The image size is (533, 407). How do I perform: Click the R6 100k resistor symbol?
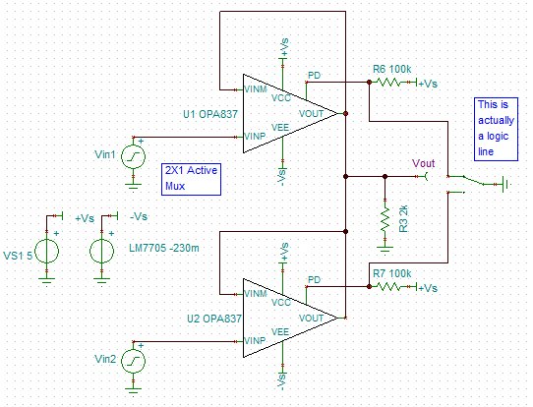(387, 82)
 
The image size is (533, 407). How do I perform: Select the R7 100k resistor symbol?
(387, 286)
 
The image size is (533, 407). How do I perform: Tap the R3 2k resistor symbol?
(385, 219)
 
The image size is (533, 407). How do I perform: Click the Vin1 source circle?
(134, 156)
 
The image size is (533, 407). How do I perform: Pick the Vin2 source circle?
(134, 361)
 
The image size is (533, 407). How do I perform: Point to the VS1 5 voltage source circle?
(47, 252)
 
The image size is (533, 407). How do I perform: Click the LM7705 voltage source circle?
(101, 252)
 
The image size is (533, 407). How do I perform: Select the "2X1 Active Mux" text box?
(191, 179)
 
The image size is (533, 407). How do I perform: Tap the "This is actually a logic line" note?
(496, 129)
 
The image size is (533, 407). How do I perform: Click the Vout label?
(424, 163)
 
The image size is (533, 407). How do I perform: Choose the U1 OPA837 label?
(210, 114)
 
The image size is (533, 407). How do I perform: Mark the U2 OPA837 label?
(214, 319)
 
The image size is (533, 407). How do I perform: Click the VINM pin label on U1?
(256, 89)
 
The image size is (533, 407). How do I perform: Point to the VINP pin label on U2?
(255, 340)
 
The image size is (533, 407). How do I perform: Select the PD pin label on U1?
(314, 75)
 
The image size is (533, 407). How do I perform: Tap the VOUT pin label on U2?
(311, 319)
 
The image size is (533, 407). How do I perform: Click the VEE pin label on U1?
(280, 128)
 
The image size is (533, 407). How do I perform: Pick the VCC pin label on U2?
(281, 302)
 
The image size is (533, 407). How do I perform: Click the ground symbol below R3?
(385, 249)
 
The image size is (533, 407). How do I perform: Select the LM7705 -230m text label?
(164, 248)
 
